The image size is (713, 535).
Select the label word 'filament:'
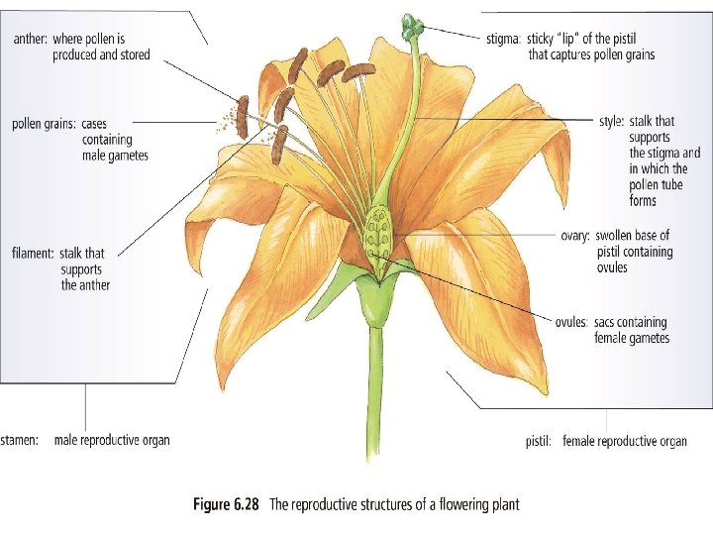tap(32, 253)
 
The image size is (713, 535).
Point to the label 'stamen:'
tap(20, 440)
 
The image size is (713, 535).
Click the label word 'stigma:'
tap(504, 40)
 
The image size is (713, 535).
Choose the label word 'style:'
tap(611, 122)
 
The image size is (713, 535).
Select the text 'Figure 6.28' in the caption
tap(224, 504)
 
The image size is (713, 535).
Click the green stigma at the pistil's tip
tap(411, 24)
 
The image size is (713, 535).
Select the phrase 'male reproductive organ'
tap(112, 440)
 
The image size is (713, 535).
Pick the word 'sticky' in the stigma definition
tap(544, 40)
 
